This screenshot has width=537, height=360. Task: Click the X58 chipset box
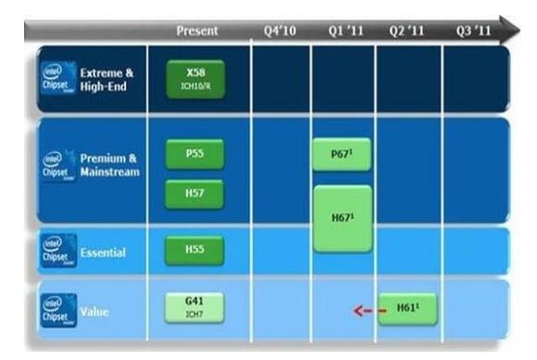tap(194, 78)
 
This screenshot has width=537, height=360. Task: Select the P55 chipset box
tap(194, 154)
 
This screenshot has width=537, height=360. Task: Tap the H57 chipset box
tap(194, 194)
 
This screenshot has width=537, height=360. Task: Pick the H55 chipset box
tap(194, 251)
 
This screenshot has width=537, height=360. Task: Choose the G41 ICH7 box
tap(194, 307)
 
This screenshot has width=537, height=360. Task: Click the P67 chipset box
tap(342, 154)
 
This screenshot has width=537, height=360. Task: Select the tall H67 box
tap(342, 218)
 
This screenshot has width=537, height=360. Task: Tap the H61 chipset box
tap(406, 309)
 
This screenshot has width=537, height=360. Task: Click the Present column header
tap(197, 31)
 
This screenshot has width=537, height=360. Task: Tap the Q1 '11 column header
tap(345, 31)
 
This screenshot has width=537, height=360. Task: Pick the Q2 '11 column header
tap(406, 31)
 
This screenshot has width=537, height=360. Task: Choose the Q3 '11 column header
tap(472, 31)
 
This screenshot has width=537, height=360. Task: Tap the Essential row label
tap(103, 253)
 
